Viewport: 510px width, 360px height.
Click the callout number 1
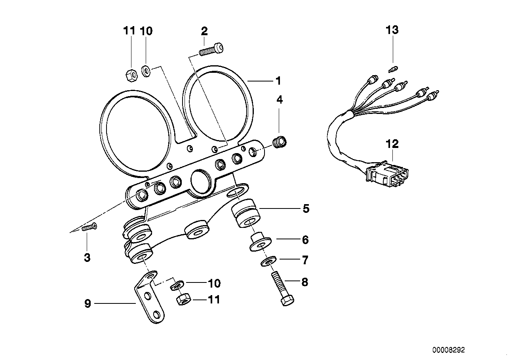click(x=278, y=81)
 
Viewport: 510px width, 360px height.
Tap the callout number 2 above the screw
click(x=204, y=31)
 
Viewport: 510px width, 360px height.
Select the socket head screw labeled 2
click(x=210, y=50)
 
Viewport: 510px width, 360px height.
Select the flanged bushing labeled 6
click(x=261, y=243)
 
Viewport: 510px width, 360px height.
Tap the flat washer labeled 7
click(x=269, y=261)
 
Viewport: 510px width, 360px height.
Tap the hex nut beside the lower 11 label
click(x=183, y=300)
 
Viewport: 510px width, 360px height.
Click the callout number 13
click(x=392, y=30)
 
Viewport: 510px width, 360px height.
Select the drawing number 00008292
click(x=448, y=350)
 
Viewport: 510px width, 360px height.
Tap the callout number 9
click(x=88, y=303)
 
